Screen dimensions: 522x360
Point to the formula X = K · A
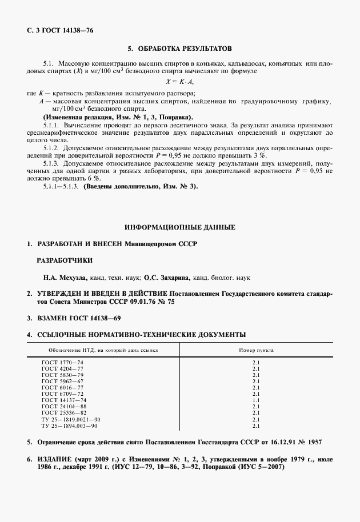point(179,82)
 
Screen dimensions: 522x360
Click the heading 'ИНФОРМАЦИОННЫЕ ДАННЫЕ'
point(179,227)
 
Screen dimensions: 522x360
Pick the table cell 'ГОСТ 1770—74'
point(63,363)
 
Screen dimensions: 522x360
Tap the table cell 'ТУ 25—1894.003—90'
point(70,426)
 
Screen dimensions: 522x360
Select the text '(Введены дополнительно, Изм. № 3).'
point(141,186)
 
